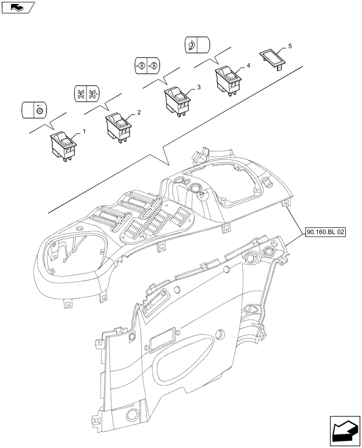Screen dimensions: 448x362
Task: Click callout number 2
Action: [x=139, y=112]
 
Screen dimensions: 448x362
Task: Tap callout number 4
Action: [x=248, y=65]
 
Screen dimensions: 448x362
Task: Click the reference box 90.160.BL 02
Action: [x=326, y=232]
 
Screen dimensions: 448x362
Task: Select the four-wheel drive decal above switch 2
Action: [x=88, y=93]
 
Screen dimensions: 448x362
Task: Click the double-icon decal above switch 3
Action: [x=147, y=65]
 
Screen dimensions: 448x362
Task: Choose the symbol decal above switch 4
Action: [x=198, y=45]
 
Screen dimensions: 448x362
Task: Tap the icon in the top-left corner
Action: [x=17, y=7]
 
